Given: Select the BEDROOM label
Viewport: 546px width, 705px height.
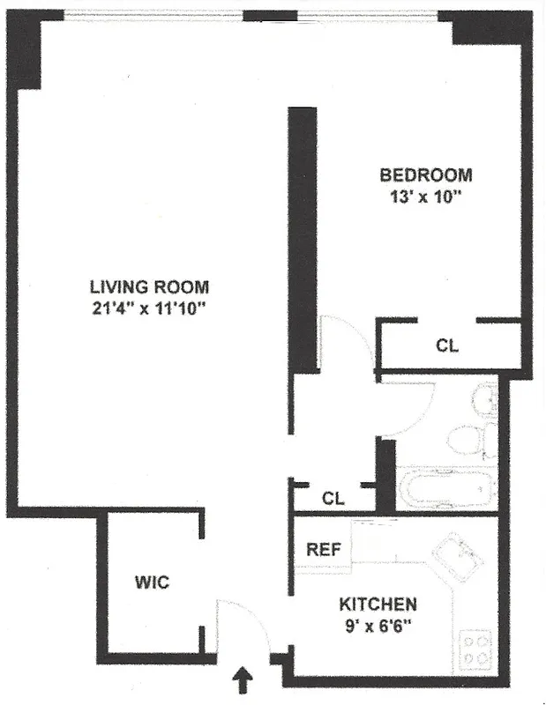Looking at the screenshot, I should coord(425,174).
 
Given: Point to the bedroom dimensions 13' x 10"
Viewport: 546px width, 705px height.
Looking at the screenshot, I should coord(422,197).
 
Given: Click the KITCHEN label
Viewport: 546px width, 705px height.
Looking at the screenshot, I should coord(378,605).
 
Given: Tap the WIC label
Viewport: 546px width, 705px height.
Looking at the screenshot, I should coord(151,583).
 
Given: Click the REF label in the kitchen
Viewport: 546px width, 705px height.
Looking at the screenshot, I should coord(323,549).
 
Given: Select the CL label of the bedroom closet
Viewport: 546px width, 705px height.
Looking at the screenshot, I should coord(447,346).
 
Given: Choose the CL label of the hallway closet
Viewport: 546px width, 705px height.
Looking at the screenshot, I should coord(333,499).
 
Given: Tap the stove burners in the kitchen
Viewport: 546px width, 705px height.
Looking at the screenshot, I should coord(476,649).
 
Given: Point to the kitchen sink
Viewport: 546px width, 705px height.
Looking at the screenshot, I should coord(458,556).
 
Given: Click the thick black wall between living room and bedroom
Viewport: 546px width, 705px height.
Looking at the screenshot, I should coord(303,238).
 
